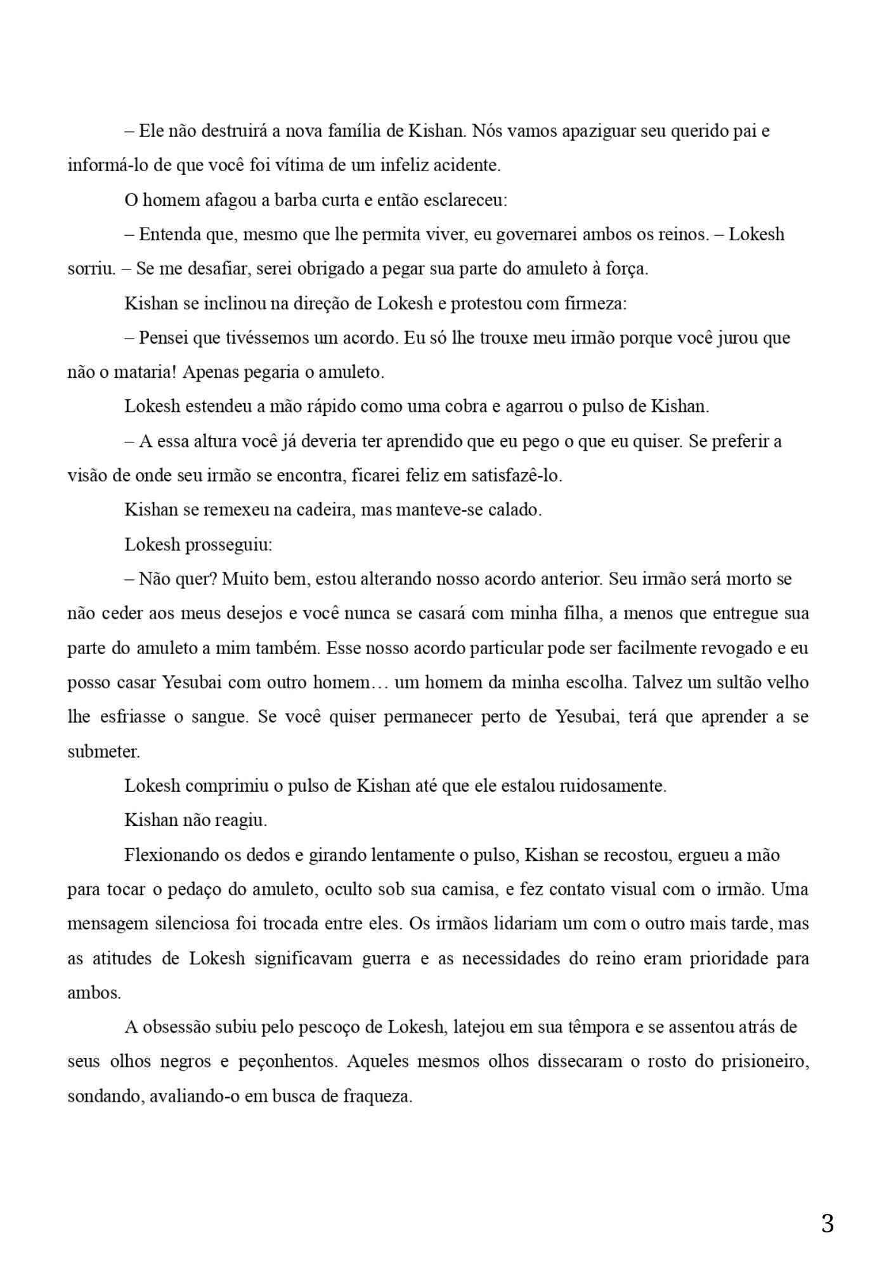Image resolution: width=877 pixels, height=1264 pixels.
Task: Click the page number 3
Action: coord(827,1223)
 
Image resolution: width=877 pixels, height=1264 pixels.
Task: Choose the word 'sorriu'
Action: coord(91,269)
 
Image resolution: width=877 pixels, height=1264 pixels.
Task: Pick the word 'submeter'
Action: coord(103,752)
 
